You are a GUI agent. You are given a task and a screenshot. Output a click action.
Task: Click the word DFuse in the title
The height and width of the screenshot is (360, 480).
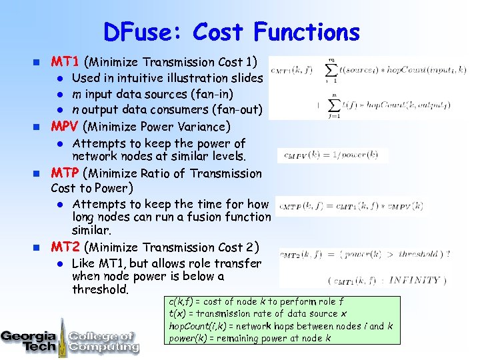point(143,32)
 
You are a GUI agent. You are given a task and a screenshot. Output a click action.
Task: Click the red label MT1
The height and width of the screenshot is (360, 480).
point(66,62)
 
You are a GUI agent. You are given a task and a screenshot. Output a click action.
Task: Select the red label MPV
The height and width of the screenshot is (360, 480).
point(67,127)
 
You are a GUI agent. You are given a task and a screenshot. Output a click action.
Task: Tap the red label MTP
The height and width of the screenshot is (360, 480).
point(67,173)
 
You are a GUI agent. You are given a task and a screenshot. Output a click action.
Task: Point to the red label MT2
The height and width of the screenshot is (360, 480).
point(66,247)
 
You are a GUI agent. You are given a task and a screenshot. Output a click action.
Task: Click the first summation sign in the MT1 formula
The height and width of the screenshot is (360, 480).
point(331,70)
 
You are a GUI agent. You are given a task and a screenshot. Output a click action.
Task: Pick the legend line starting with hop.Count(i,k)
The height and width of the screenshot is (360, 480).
point(281,326)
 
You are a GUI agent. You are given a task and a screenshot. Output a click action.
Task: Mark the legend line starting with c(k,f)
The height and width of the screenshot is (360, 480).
point(257,302)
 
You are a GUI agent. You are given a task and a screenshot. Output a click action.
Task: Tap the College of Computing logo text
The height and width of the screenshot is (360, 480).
point(104,341)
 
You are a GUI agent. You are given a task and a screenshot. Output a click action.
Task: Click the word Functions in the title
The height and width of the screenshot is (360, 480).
point(307,32)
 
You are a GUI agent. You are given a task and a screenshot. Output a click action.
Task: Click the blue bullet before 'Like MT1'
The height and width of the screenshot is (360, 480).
point(59,263)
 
